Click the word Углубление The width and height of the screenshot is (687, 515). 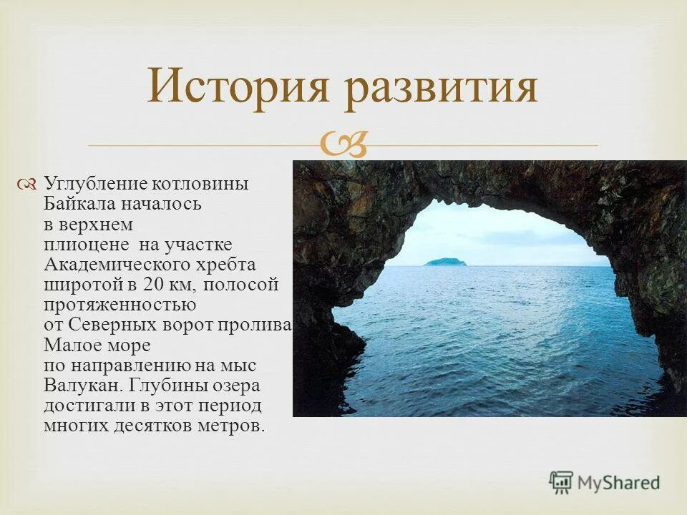point(92,185)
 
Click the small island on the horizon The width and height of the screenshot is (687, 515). point(444,262)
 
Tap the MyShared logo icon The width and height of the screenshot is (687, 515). point(561,483)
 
